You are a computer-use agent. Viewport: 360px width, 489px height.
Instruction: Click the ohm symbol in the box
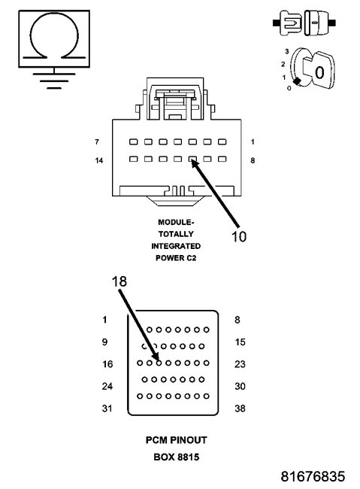click(50, 38)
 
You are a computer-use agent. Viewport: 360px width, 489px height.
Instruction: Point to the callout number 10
click(238, 235)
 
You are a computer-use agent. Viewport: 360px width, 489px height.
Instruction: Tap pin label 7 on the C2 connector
click(97, 141)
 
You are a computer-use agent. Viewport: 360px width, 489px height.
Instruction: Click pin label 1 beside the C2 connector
click(253, 141)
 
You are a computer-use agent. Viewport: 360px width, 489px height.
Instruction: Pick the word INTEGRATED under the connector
click(176, 246)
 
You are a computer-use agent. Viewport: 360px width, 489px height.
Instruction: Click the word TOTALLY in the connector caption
click(176, 234)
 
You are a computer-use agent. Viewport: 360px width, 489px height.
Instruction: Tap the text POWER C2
click(176, 257)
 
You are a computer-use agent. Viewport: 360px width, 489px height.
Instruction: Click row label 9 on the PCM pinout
click(104, 342)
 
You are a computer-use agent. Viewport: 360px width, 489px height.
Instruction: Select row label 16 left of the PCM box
click(107, 363)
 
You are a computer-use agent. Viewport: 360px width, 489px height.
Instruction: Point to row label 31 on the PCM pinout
click(107, 409)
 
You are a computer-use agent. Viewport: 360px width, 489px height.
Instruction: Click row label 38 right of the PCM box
click(240, 409)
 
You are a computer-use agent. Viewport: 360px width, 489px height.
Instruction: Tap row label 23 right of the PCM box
click(240, 363)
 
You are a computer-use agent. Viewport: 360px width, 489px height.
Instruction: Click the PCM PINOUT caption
click(176, 439)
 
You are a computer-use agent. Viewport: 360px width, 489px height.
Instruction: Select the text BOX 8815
click(176, 455)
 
